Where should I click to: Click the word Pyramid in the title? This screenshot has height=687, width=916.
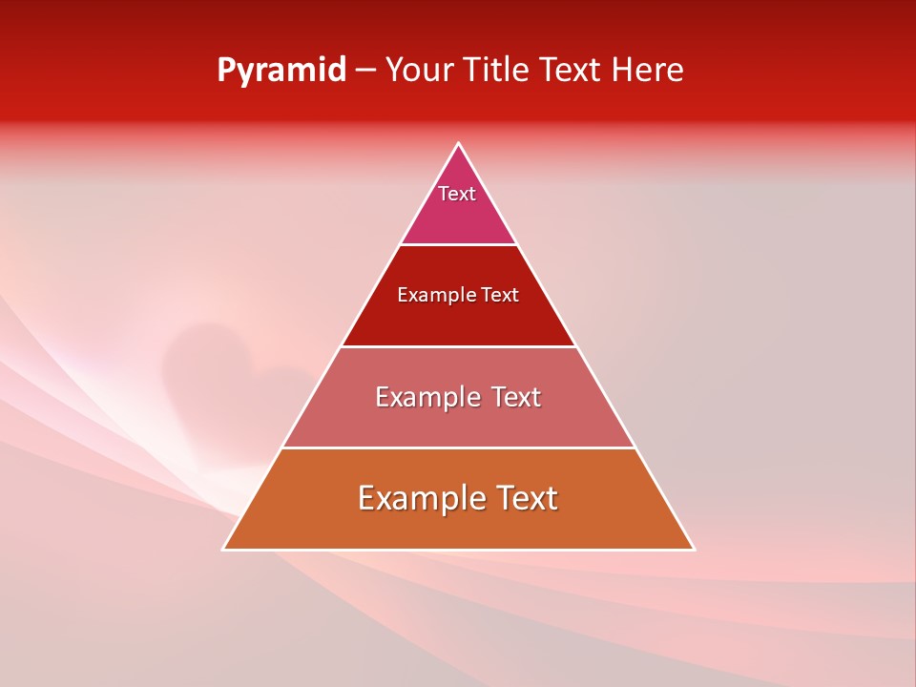click(281, 71)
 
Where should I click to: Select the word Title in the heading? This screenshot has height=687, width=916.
click(503, 71)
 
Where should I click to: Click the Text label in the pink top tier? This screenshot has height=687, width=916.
click(457, 194)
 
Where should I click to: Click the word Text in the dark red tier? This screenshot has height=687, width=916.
click(500, 296)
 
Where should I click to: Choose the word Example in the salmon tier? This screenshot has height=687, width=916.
click(427, 397)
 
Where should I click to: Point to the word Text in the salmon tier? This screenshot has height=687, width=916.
click(515, 397)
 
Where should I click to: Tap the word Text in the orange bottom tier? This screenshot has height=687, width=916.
click(526, 498)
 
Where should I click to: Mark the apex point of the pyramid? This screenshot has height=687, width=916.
click(459, 144)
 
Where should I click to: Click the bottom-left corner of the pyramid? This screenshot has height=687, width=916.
click(224, 549)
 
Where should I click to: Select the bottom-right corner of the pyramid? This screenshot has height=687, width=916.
click(693, 549)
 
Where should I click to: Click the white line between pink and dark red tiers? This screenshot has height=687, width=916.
click(458, 244)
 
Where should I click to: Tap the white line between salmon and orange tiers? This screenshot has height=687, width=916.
click(458, 448)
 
